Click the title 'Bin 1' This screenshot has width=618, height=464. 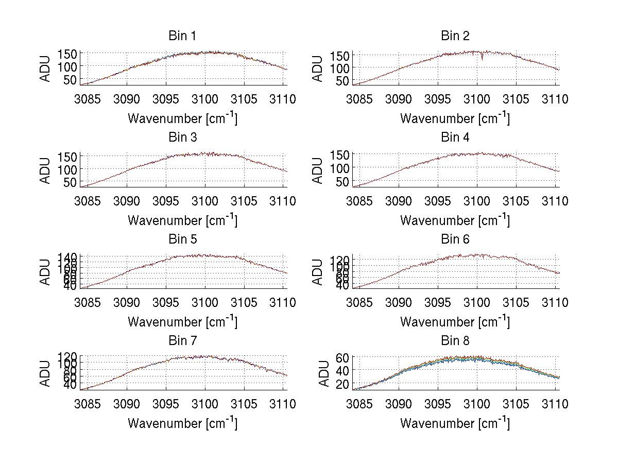tap(182, 36)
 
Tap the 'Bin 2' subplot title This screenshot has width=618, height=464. tap(455, 36)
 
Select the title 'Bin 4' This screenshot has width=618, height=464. tap(455, 138)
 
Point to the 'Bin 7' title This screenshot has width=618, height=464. tap(182, 341)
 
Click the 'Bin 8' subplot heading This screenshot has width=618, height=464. tap(455, 341)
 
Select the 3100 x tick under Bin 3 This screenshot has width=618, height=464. tap(205, 201)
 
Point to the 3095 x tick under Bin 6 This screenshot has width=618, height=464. tap(438, 302)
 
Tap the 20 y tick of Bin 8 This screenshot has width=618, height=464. tap(343, 384)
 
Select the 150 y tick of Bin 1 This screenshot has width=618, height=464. tap(70, 54)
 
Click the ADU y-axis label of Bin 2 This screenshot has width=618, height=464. tap(318, 68)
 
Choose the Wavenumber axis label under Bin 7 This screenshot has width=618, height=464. tap(182, 423)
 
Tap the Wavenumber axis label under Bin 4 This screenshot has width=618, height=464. tap(455, 220)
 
